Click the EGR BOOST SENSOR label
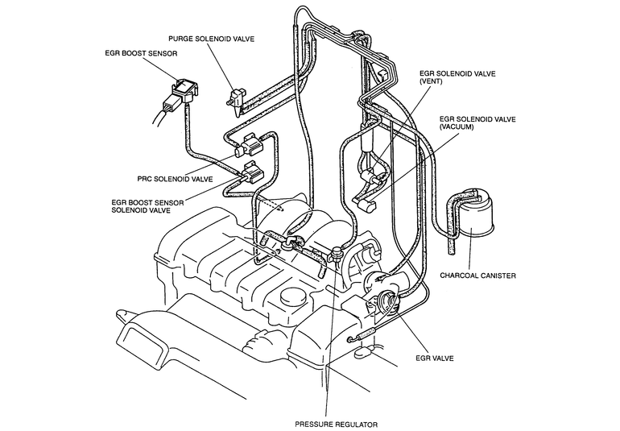point(141,53)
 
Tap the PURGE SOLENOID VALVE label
point(211,39)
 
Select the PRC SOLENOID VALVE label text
point(175,179)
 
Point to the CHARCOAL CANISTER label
point(477,276)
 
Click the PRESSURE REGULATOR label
point(336,425)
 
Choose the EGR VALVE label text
point(435,358)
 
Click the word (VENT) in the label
point(431,81)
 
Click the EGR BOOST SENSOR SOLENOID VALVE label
point(147,206)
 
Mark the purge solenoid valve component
point(237,100)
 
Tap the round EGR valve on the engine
point(386,302)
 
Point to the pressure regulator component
point(336,255)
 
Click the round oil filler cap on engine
point(293,296)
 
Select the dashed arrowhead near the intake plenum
point(280,208)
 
